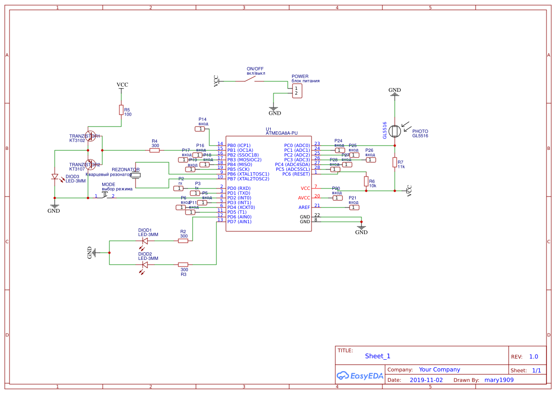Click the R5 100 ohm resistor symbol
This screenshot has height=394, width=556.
tap(121, 110)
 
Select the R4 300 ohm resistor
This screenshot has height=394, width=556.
tap(155, 150)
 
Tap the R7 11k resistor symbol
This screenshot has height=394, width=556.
tap(395, 162)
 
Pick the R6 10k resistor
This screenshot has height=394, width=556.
tap(366, 181)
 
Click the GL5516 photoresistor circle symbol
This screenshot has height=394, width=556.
tap(394, 131)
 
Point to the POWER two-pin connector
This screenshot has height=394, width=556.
tap(296, 90)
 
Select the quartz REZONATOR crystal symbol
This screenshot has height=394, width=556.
tap(136, 176)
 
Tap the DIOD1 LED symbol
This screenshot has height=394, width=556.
tap(145, 241)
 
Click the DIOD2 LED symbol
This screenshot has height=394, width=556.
tap(145, 265)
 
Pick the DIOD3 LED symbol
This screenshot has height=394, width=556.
tap(55, 177)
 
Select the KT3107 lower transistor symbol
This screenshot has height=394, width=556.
tap(91, 164)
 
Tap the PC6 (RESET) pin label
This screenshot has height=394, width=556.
tap(296, 174)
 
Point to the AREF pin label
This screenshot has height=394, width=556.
tap(304, 207)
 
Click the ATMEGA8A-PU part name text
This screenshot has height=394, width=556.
tap(282, 133)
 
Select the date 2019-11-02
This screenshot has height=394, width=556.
tap(426, 380)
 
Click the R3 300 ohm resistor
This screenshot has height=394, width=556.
tap(183, 265)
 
